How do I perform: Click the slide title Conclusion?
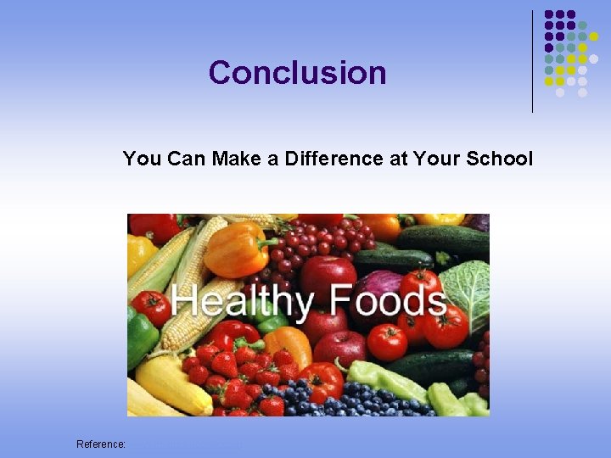pyautogui.click(x=297, y=73)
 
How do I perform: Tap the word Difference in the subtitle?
pyautogui.click(x=332, y=159)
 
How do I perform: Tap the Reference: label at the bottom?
pyautogui.click(x=101, y=444)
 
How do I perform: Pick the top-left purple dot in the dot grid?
pyautogui.click(x=550, y=15)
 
